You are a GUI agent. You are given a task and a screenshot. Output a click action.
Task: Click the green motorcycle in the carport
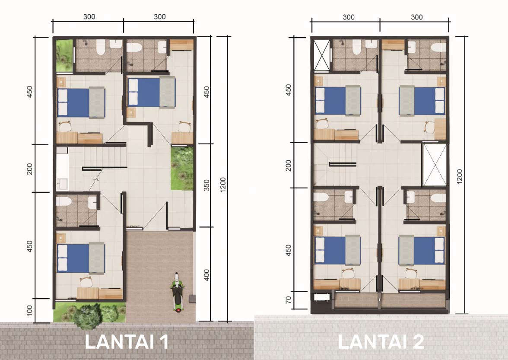pyautogui.click(x=177, y=292)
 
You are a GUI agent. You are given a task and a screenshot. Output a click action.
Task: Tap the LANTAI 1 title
pyautogui.click(x=127, y=342)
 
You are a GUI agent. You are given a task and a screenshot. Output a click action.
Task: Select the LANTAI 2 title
pyautogui.click(x=381, y=342)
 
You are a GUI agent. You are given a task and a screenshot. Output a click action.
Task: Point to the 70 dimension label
pyautogui.click(x=289, y=300)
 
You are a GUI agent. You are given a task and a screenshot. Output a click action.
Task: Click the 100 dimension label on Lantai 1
pyautogui.click(x=29, y=310)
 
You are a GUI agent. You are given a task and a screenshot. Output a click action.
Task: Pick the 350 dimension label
pyautogui.click(x=206, y=185)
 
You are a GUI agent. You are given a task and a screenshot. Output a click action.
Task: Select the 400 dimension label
pyautogui.click(x=206, y=275)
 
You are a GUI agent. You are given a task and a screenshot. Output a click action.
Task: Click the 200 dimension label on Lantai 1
pyautogui.click(x=29, y=169)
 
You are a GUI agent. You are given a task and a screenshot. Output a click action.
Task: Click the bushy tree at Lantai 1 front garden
pyautogui.click(x=87, y=315)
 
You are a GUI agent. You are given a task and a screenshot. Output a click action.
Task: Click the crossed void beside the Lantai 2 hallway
pyautogui.click(x=435, y=165)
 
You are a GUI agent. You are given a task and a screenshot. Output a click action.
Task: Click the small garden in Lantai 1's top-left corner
pyautogui.click(x=64, y=55)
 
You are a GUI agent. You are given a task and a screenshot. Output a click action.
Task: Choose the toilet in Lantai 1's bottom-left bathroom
pyautogui.click(x=63, y=201)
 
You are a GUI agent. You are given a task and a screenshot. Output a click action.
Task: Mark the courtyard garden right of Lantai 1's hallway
pyautogui.click(x=182, y=168)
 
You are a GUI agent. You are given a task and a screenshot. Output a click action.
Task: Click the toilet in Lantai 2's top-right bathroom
pyautogui.click(x=439, y=47)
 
